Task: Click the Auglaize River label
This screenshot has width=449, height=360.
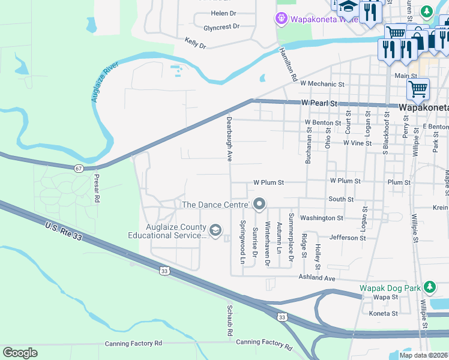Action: (x=103, y=85)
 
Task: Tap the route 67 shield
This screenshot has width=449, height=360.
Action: (x=79, y=169)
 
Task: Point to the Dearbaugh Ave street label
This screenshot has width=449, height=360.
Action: (x=229, y=139)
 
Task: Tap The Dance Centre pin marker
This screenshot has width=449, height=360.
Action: (x=259, y=205)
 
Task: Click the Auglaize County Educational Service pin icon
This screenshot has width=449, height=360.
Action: (x=215, y=230)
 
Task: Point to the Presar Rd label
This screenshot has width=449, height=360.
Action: (x=96, y=188)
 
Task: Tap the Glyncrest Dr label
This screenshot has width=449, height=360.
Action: (x=221, y=27)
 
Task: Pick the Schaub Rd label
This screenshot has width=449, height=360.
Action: (x=229, y=320)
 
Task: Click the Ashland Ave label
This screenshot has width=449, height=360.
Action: (x=317, y=278)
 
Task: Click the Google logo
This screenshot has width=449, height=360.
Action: (x=20, y=353)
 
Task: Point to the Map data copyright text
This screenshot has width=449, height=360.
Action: (x=423, y=355)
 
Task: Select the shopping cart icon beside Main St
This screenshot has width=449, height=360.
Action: (x=418, y=89)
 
